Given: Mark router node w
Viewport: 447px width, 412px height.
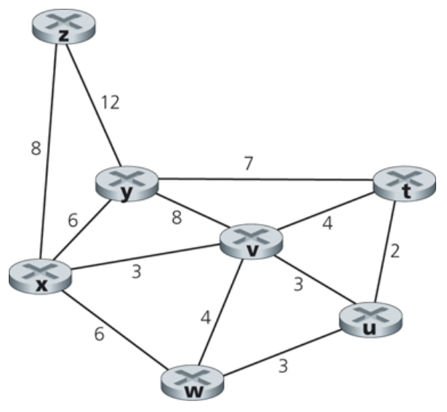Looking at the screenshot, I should pyautogui.click(x=193, y=382).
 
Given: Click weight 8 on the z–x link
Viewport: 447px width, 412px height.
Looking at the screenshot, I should pyautogui.click(x=36, y=149).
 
